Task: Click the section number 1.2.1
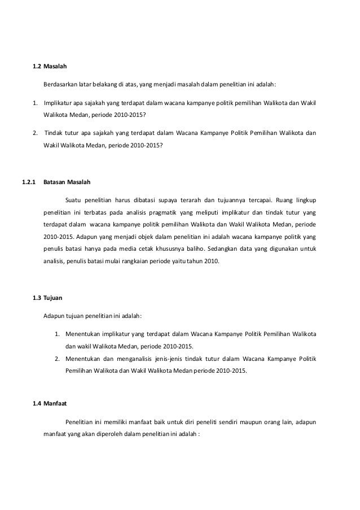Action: click(x=28, y=182)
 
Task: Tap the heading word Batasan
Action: click(x=55, y=182)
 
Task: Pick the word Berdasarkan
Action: click(x=61, y=85)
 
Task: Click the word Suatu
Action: click(x=74, y=199)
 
